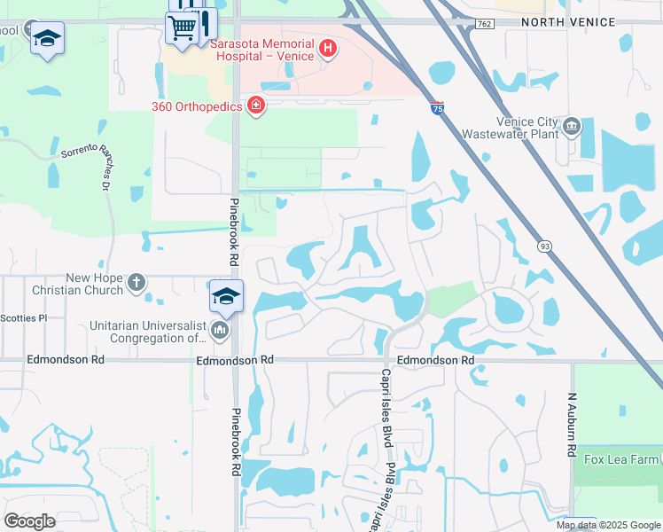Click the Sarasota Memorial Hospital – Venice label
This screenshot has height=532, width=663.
coord(261,49)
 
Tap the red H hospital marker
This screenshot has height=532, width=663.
coord(328,48)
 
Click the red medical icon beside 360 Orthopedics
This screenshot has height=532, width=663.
coord(256,106)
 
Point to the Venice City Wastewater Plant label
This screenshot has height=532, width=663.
coord(511,128)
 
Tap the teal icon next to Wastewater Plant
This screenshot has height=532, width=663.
coord(572,126)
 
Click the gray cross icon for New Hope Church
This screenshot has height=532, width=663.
coord(136,283)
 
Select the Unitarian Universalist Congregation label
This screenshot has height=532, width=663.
coord(147,332)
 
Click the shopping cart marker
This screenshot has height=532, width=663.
coord(182,27)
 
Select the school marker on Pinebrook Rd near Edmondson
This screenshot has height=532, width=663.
coord(226,296)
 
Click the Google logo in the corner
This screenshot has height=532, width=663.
coord(29,520)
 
